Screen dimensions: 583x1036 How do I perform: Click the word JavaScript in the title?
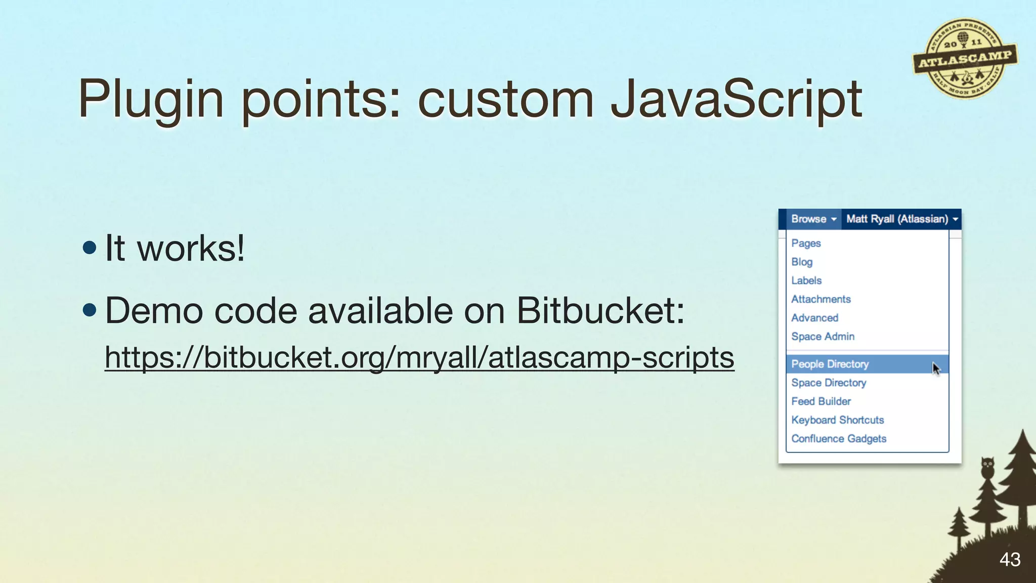point(736,99)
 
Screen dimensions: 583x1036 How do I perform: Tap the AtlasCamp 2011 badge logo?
point(965,59)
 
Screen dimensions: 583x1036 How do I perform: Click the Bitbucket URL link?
point(419,358)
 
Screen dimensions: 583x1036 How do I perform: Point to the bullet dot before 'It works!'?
point(90,248)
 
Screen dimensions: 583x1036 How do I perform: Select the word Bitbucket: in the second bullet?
point(600,310)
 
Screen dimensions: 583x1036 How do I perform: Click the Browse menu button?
point(813,219)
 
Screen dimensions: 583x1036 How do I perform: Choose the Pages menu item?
point(806,243)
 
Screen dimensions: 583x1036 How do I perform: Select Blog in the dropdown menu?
point(802,262)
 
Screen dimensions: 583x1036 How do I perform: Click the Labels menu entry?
point(806,281)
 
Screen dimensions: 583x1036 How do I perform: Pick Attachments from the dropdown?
point(821,300)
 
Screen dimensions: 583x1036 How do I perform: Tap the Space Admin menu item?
point(823,337)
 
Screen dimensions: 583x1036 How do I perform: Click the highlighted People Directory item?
point(830,364)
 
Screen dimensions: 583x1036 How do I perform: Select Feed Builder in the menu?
point(821,402)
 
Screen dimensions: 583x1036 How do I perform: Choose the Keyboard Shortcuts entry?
point(837,421)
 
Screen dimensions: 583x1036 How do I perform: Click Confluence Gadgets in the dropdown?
point(839,439)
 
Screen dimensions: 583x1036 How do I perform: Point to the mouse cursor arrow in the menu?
point(936,368)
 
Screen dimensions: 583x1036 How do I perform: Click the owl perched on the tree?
point(987,468)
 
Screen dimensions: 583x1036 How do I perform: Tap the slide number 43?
point(1010,560)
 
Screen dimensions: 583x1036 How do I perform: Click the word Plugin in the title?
point(151,99)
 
